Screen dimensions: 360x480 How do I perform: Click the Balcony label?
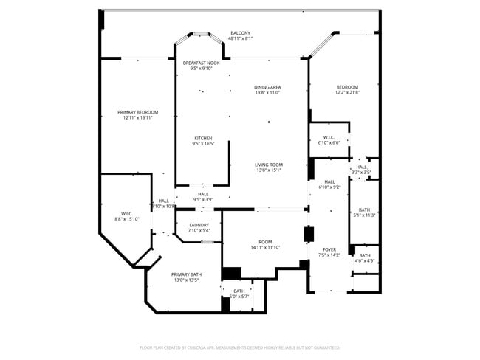240,33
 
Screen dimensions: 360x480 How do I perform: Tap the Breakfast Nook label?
202,63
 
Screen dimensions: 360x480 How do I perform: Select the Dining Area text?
267,87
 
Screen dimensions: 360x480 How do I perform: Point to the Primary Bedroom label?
137,112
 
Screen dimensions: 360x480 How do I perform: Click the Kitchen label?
203,138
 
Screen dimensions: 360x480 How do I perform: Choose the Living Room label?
270,165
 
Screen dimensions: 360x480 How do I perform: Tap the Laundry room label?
199,225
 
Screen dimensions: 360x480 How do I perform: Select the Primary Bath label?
186,274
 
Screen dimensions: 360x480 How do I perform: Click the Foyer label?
329,250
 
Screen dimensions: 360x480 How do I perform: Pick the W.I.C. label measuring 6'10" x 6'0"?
329,137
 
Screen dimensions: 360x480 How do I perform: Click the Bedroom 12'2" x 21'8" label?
346,87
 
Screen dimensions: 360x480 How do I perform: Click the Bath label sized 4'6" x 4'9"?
365,255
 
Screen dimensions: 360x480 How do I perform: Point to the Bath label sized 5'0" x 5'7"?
239,291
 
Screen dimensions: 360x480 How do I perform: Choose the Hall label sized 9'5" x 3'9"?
202,194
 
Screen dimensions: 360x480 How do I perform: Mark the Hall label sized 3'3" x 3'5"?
361,167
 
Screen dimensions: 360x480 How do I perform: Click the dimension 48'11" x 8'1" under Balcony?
240,39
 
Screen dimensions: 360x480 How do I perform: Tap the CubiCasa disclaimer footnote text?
239,347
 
